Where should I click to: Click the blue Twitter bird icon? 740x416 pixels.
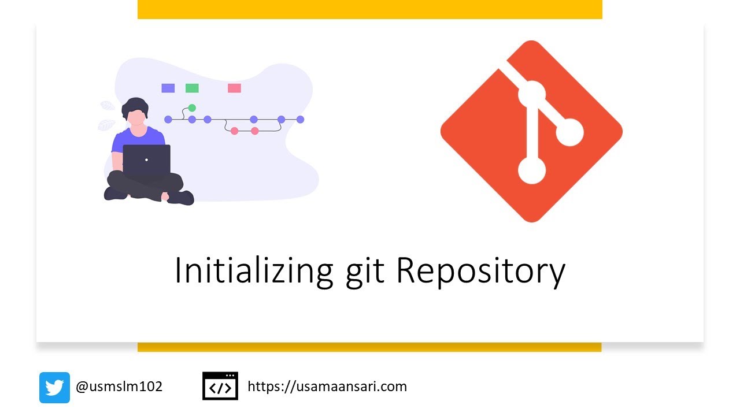[54, 387]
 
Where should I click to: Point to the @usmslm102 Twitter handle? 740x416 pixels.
[119, 387]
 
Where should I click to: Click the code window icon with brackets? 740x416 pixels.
[220, 386]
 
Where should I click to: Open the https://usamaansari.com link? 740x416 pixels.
[327, 387]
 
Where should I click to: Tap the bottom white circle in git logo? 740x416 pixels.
[532, 170]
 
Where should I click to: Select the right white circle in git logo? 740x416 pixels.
[569, 132]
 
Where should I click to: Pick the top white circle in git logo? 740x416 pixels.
[532, 94]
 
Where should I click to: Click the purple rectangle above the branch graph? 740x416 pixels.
[168, 88]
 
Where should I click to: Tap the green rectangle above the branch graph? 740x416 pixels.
[192, 88]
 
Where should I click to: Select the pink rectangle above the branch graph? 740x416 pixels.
[234, 88]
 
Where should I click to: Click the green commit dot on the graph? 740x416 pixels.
[192, 108]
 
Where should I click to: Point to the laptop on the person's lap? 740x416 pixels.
[147, 159]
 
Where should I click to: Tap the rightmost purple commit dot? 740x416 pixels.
[300, 120]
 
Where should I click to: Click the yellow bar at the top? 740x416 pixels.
[370, 9]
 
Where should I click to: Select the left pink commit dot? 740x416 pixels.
[234, 131]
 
